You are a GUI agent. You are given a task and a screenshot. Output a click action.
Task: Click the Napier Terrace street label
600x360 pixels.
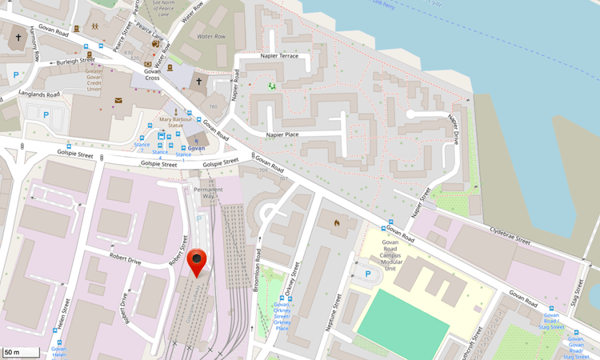tap(279, 56)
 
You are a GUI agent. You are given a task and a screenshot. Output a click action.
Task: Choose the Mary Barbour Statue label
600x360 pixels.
tap(177, 122)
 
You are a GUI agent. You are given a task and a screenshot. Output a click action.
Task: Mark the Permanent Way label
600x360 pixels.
tap(207, 192)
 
